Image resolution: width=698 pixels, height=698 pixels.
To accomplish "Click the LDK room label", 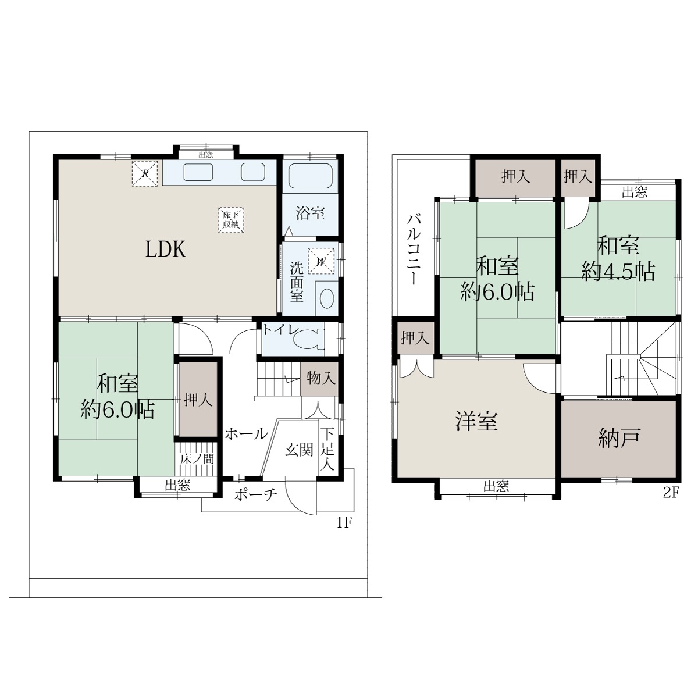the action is click(166, 249).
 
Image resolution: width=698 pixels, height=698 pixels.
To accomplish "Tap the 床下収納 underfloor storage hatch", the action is click(231, 219).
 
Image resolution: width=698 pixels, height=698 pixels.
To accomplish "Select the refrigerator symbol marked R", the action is click(144, 173).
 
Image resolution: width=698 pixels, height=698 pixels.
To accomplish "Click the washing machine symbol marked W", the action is click(321, 261).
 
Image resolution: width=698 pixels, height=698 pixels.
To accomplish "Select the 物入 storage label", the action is click(321, 379).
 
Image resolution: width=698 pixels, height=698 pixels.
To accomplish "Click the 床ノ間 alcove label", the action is click(197, 459).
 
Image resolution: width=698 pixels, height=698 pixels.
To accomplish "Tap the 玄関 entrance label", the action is click(299, 450).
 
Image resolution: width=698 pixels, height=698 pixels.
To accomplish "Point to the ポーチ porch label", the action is click(256, 494).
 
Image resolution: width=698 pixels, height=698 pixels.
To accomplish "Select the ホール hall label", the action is click(246, 433).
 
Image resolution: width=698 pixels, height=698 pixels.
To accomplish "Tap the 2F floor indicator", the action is click(671, 493).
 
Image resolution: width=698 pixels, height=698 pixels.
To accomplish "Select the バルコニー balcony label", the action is click(414, 250).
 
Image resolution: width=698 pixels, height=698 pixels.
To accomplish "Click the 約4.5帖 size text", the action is click(618, 272).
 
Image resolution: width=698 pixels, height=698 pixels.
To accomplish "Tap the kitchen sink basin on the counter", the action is click(198, 172).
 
